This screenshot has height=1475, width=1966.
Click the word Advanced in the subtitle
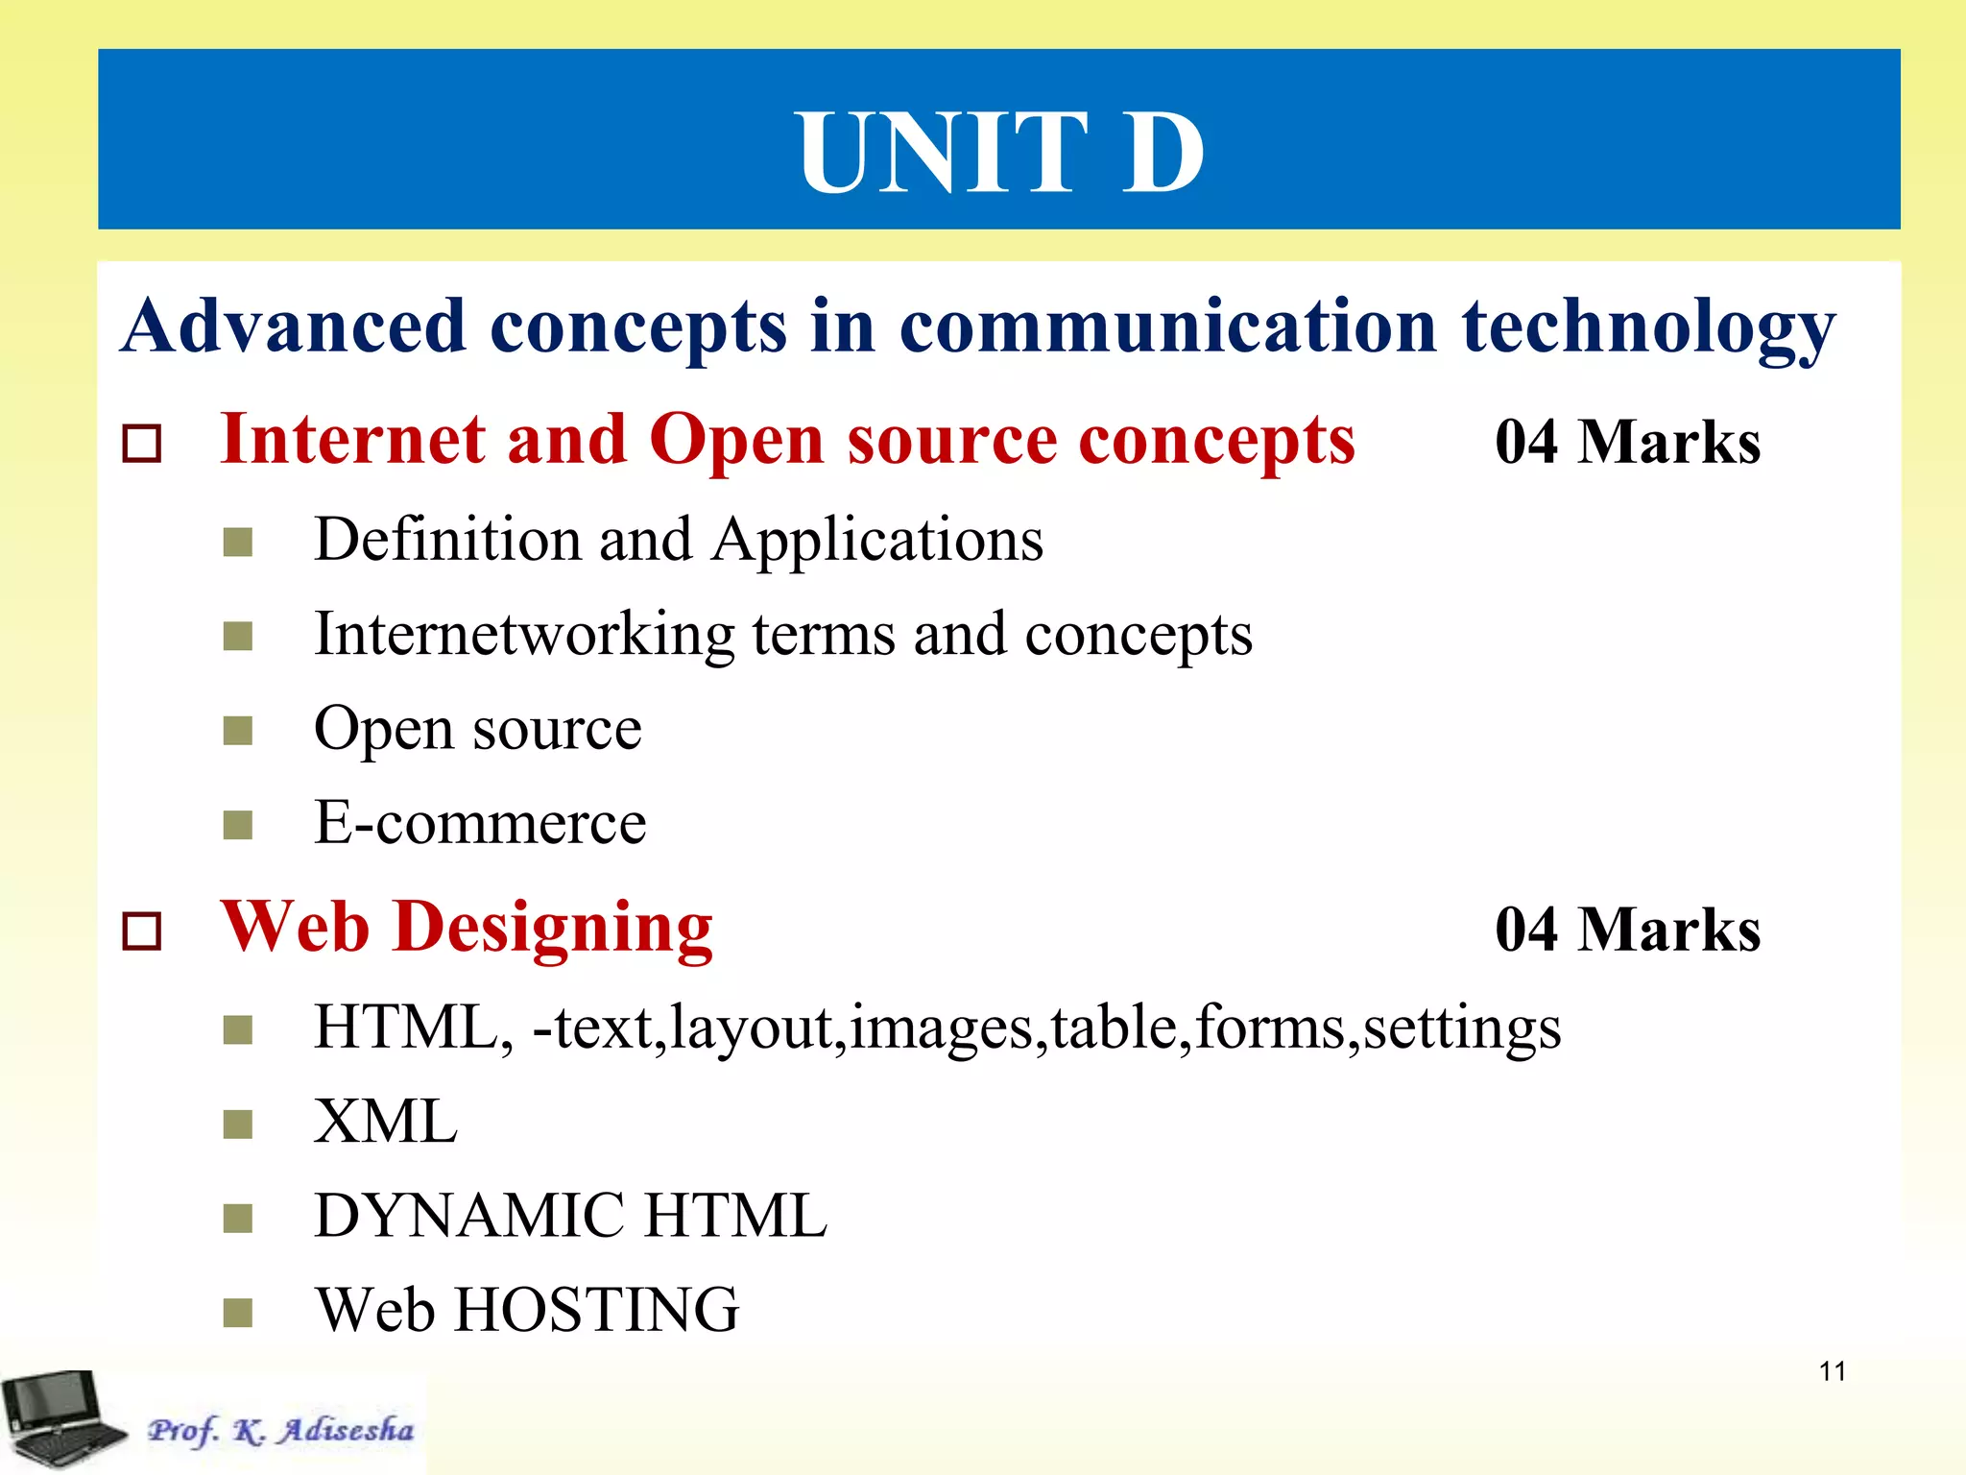294,326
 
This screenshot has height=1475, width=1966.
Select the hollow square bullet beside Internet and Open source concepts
142,444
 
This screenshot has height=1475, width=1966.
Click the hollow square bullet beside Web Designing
142,931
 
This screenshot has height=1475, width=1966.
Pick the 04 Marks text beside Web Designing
1627,930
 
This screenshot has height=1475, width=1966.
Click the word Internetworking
524,635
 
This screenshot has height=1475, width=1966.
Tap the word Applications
877,540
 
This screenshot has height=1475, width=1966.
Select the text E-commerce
480,823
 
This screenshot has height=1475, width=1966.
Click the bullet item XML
386,1121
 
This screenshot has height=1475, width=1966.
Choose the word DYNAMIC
469,1216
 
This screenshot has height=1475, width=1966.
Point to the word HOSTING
596,1310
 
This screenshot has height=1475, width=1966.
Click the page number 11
1832,1371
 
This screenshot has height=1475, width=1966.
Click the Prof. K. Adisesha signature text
280,1430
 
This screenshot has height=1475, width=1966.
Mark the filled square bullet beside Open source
237,732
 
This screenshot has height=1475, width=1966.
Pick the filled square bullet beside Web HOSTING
237,1312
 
